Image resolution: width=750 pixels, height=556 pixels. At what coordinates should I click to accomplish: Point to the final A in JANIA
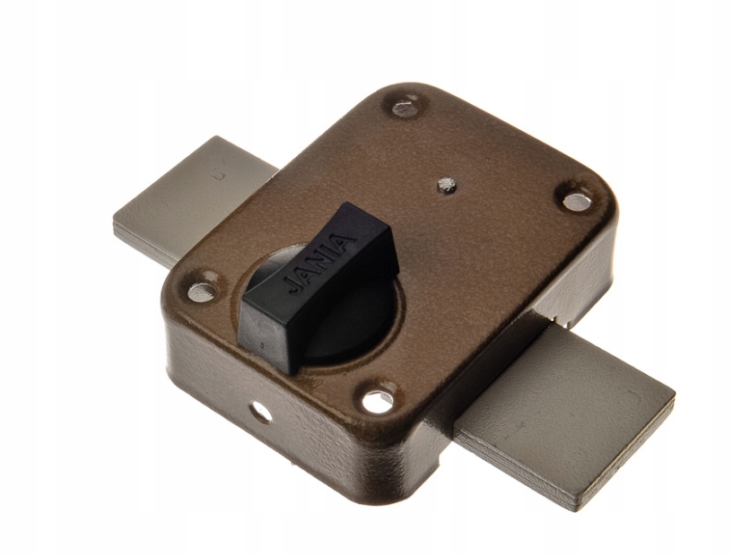[347, 241]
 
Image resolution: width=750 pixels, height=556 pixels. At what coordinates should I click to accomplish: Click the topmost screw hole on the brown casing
[405, 108]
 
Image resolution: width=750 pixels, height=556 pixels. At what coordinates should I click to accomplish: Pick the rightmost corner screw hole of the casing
[576, 201]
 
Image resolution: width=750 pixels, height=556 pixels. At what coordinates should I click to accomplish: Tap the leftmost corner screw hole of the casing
[202, 292]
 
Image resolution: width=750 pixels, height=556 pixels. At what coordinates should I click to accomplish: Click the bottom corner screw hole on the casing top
[378, 401]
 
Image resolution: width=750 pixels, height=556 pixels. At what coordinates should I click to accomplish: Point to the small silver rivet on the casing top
[447, 184]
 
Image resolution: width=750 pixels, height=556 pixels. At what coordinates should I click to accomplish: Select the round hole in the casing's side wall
[261, 412]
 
